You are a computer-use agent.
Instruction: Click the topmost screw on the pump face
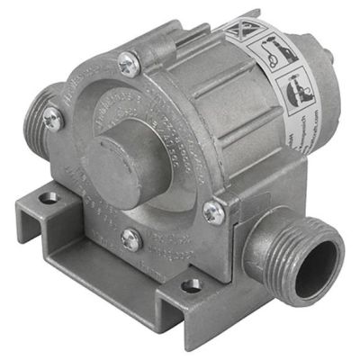[128, 64]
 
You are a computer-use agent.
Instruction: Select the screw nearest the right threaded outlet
[213, 212]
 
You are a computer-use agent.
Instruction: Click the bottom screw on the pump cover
[130, 238]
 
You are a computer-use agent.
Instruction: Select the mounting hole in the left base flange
[47, 195]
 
